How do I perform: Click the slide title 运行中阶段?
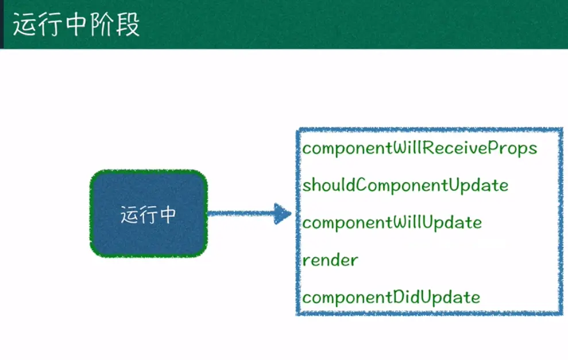(76, 26)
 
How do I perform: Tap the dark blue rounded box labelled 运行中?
(148, 214)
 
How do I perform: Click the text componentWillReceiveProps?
(419, 148)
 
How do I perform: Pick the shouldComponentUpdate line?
(405, 185)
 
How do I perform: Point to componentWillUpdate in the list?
(392, 222)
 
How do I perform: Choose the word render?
(330, 260)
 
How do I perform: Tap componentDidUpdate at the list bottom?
(391, 297)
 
